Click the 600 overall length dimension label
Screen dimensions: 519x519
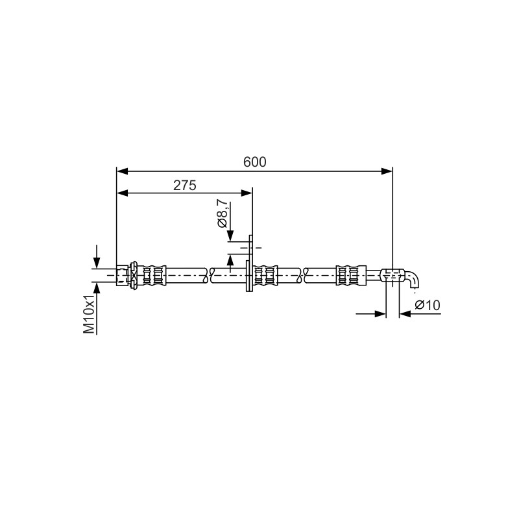point(254,162)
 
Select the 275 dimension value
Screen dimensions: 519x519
point(185,186)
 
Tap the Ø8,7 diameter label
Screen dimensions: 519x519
point(222,213)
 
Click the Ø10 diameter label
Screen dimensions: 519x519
point(428,305)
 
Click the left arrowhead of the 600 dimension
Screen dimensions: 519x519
point(122,171)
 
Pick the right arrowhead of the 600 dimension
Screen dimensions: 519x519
point(387,171)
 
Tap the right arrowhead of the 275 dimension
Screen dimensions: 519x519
point(247,193)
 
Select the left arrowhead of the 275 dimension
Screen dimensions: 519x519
point(122,193)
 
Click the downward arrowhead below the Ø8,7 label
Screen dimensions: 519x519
point(230,236)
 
